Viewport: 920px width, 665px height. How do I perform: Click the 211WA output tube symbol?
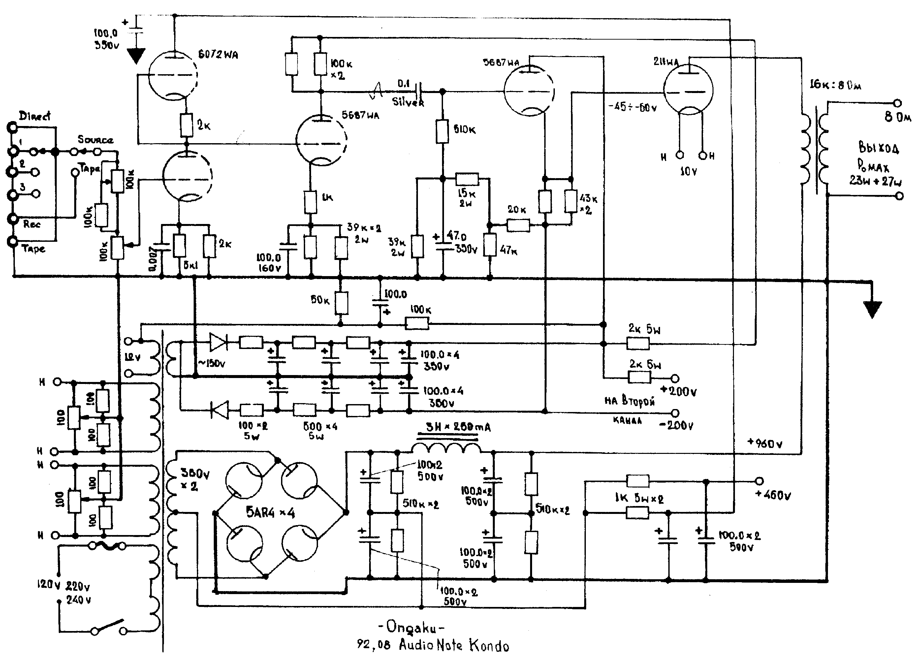(x=688, y=90)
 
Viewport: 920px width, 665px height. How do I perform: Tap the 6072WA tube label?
(x=218, y=54)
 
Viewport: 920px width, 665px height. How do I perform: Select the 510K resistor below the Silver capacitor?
(x=442, y=131)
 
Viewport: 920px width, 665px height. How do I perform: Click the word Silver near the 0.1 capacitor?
(x=408, y=102)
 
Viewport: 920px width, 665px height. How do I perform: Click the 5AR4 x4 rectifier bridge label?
(x=270, y=513)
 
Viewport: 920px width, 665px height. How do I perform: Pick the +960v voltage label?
(x=765, y=443)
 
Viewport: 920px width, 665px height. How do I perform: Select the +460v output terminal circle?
(x=759, y=481)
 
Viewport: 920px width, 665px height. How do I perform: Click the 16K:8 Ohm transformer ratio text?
(x=835, y=85)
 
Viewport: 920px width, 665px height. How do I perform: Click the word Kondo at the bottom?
(x=489, y=645)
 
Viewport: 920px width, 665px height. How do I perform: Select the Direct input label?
(x=35, y=116)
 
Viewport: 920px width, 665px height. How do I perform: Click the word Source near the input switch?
(x=95, y=140)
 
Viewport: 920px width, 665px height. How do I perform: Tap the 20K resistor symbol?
(x=518, y=225)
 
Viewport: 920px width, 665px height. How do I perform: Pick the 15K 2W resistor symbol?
(x=467, y=179)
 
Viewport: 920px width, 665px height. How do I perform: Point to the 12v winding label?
(x=133, y=357)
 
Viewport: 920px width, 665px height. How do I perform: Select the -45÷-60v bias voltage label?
(x=632, y=108)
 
